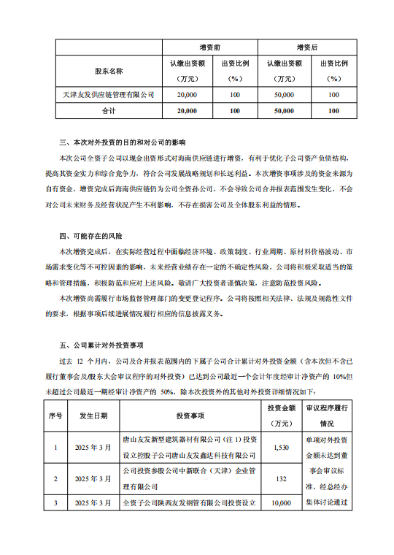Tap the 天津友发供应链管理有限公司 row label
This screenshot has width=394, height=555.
tap(109, 95)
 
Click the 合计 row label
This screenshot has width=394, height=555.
tap(109, 111)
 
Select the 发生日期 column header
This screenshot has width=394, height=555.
tap(93, 416)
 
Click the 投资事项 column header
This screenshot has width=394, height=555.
tap(190, 416)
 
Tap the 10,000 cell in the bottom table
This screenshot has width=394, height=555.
tap(280, 503)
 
